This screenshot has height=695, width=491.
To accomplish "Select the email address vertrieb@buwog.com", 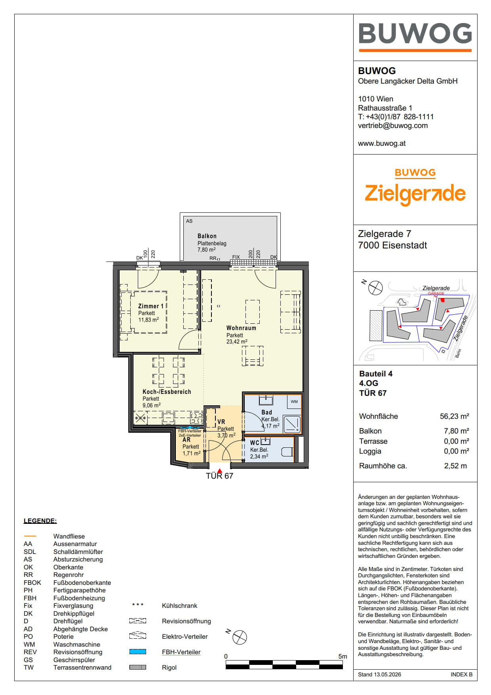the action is click(393, 126).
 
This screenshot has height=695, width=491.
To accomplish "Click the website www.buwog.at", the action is click(382, 143).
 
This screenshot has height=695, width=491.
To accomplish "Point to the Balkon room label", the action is click(207, 236).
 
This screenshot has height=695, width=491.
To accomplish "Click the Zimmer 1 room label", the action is click(151, 306).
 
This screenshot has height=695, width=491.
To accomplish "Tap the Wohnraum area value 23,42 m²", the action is click(237, 342).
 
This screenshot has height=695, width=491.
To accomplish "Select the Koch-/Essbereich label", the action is click(167, 392).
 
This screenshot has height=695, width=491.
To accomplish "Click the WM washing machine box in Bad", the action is click(294, 401).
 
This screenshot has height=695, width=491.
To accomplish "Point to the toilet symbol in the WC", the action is click(287, 452).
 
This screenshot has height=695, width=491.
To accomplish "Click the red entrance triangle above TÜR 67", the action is click(220, 471).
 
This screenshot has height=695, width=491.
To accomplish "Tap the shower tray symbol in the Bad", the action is click(293, 424).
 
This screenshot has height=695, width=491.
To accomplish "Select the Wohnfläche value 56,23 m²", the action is click(455, 416).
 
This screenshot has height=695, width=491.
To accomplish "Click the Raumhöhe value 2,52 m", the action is click(455, 466).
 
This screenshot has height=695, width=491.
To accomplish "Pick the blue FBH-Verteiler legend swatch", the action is click(138, 652).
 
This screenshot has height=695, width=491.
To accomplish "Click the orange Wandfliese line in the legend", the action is click(30, 536).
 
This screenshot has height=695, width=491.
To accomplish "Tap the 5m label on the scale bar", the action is click(343, 657).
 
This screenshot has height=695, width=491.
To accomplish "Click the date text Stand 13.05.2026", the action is click(379, 674).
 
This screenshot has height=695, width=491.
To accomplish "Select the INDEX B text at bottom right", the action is click(461, 674).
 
